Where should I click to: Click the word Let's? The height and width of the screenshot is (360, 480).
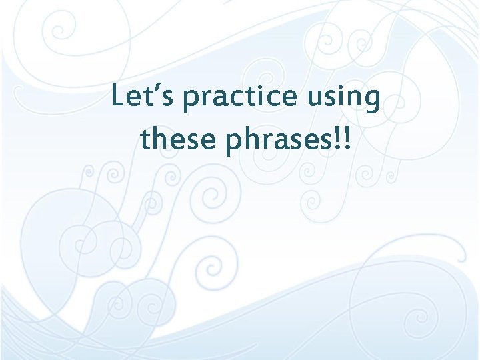[143, 97]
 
